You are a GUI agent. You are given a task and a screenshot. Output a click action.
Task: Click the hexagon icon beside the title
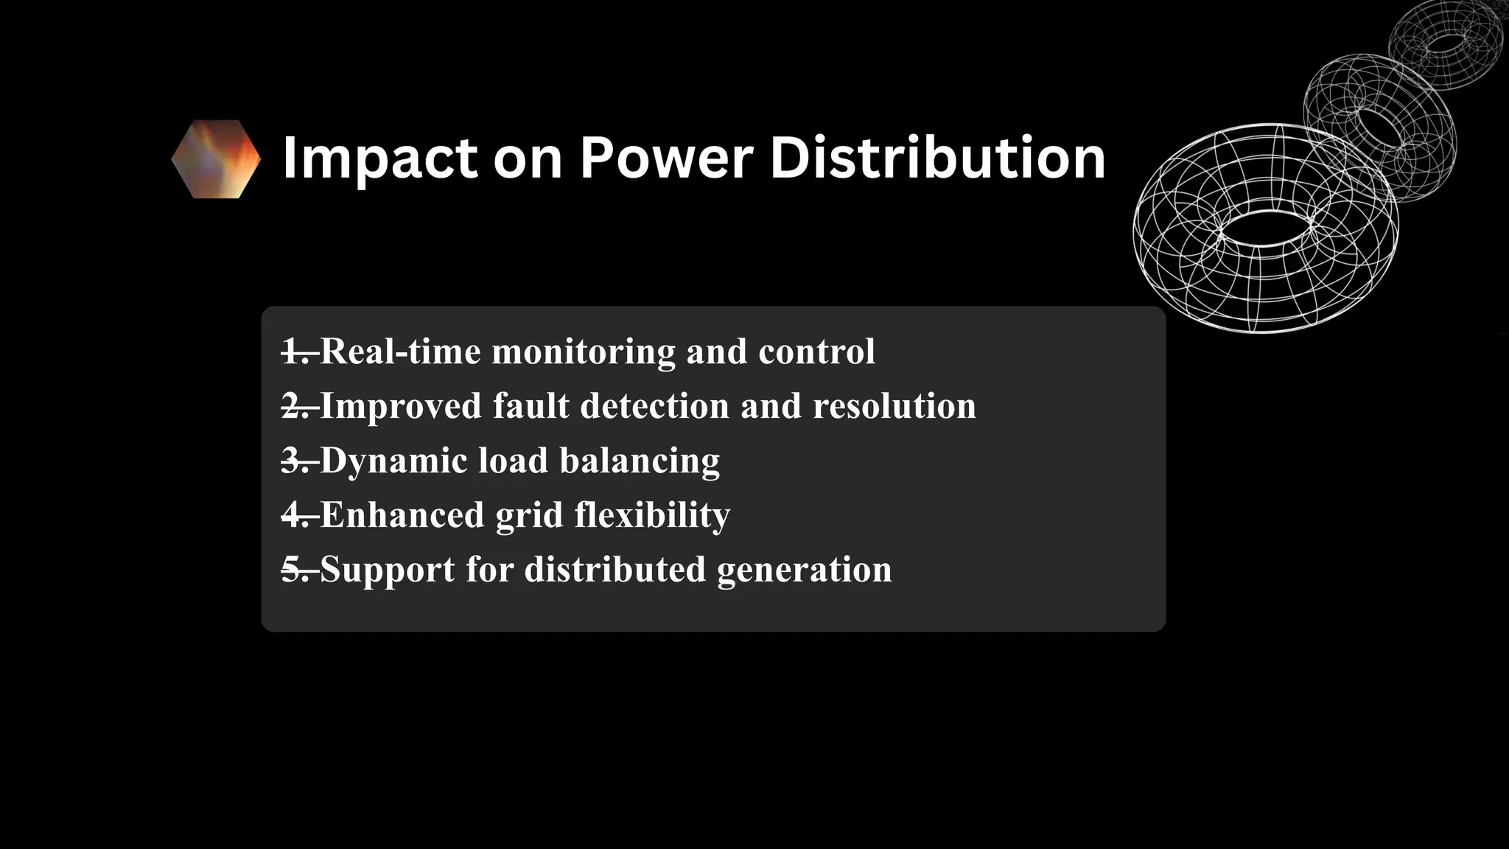tap(216, 158)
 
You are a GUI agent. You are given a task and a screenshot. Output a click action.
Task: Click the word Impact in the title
tap(379, 158)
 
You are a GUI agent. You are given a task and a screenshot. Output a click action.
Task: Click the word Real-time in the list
tap(400, 352)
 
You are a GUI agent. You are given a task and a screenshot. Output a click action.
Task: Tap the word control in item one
tap(816, 352)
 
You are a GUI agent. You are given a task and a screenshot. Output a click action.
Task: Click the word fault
tap(531, 406)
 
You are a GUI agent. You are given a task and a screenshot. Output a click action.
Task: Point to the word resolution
tap(894, 406)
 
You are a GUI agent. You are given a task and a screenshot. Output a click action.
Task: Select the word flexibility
tap(652, 515)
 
